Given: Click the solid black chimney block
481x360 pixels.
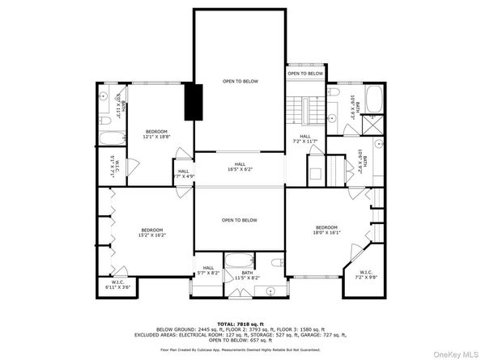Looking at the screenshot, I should (x=192, y=100).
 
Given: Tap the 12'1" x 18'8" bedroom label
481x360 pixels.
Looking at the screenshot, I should (x=156, y=133).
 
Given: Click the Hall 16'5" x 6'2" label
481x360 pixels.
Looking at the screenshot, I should (x=239, y=167).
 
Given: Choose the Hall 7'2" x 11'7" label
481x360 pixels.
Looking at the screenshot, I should (x=305, y=138).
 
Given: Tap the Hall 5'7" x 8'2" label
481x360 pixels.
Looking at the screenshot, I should (x=208, y=270).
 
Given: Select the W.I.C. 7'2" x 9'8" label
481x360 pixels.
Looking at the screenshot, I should (x=366, y=274).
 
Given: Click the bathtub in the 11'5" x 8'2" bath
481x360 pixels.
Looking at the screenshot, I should (x=239, y=261).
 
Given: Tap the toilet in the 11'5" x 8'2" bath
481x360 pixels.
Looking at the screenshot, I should (x=275, y=261).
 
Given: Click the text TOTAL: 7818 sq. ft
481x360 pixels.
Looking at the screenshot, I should (x=240, y=322).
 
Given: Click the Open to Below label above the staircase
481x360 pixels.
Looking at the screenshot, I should (x=305, y=74).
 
